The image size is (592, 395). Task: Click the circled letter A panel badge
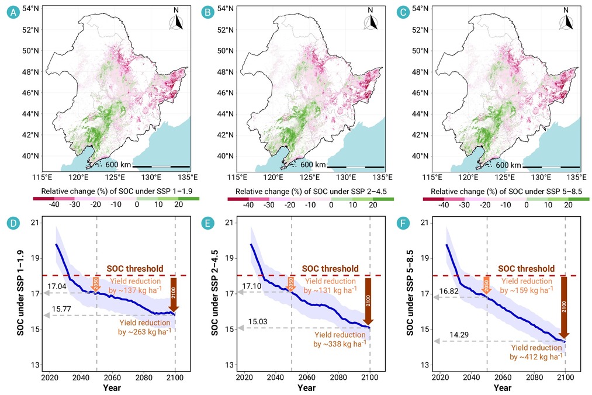point(13,12)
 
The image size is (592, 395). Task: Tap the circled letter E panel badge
point(208,223)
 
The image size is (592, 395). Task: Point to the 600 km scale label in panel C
point(508,165)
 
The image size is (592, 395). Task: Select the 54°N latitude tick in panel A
point(30,8)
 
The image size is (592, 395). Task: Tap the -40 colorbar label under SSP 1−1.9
point(54,205)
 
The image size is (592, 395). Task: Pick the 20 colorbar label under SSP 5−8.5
point(568,205)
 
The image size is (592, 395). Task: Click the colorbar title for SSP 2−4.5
point(311,192)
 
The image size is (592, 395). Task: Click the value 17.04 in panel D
point(57,286)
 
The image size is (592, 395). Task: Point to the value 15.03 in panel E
point(258,322)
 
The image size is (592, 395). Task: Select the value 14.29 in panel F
point(459,335)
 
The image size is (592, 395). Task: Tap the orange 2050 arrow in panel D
point(95,285)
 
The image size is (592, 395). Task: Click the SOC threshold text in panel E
point(330,268)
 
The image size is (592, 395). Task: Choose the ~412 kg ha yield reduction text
point(536,352)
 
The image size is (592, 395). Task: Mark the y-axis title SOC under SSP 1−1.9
point(20,292)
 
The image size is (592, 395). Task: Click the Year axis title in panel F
point(503,388)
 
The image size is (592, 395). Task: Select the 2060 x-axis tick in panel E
point(307,377)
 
